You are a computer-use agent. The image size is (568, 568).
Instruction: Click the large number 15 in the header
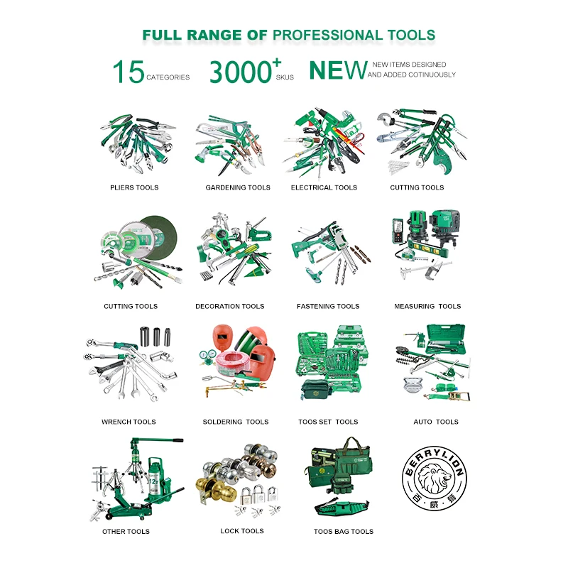[129, 72]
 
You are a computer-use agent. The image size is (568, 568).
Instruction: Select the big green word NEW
[337, 70]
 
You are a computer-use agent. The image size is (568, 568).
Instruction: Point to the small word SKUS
[285, 77]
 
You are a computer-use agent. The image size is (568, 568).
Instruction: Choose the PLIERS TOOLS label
[134, 187]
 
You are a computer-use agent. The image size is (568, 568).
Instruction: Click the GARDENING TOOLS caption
[238, 187]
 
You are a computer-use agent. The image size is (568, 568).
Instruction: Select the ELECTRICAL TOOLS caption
[324, 187]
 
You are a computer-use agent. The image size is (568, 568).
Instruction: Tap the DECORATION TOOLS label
[229, 307]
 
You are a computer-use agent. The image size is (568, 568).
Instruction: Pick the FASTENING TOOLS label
[328, 307]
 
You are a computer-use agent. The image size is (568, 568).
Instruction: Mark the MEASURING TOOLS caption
[427, 307]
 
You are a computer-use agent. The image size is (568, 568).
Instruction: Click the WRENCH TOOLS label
[129, 422]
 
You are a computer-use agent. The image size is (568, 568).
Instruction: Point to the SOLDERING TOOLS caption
[236, 422]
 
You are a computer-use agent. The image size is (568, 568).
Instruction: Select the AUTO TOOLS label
[436, 422]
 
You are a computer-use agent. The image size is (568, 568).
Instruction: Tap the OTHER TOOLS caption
[126, 531]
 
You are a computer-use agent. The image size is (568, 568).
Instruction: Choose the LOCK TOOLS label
[242, 531]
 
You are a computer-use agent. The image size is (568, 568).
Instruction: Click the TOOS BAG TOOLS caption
[344, 531]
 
